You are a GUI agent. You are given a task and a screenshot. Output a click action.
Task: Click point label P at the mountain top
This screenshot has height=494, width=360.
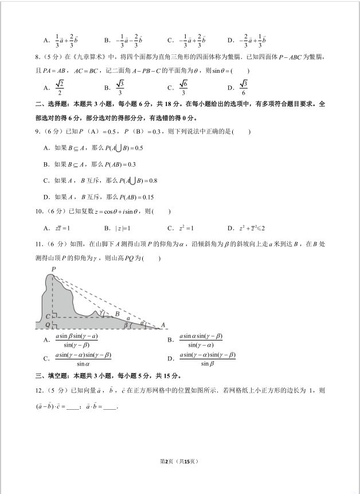point(53,269)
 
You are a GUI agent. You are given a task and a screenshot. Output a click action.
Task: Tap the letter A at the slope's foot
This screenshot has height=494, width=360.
point(163,325)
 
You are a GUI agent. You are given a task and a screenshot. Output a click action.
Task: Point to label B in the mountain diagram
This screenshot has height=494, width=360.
point(117,313)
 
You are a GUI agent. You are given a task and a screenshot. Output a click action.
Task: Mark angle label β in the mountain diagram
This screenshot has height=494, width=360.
point(126,324)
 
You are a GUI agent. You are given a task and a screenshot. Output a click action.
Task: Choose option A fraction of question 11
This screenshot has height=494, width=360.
point(76,340)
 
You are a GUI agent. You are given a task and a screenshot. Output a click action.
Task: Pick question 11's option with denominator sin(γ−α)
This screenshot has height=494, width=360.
point(201,340)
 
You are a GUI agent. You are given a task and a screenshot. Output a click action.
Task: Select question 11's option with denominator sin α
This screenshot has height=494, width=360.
point(83,359)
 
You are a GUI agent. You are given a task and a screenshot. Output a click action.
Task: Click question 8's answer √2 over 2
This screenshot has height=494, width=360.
point(60,88)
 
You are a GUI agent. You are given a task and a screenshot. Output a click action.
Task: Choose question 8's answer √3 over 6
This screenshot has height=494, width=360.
point(245,88)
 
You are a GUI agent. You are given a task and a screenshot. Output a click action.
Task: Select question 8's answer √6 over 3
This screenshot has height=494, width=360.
point(183,88)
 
